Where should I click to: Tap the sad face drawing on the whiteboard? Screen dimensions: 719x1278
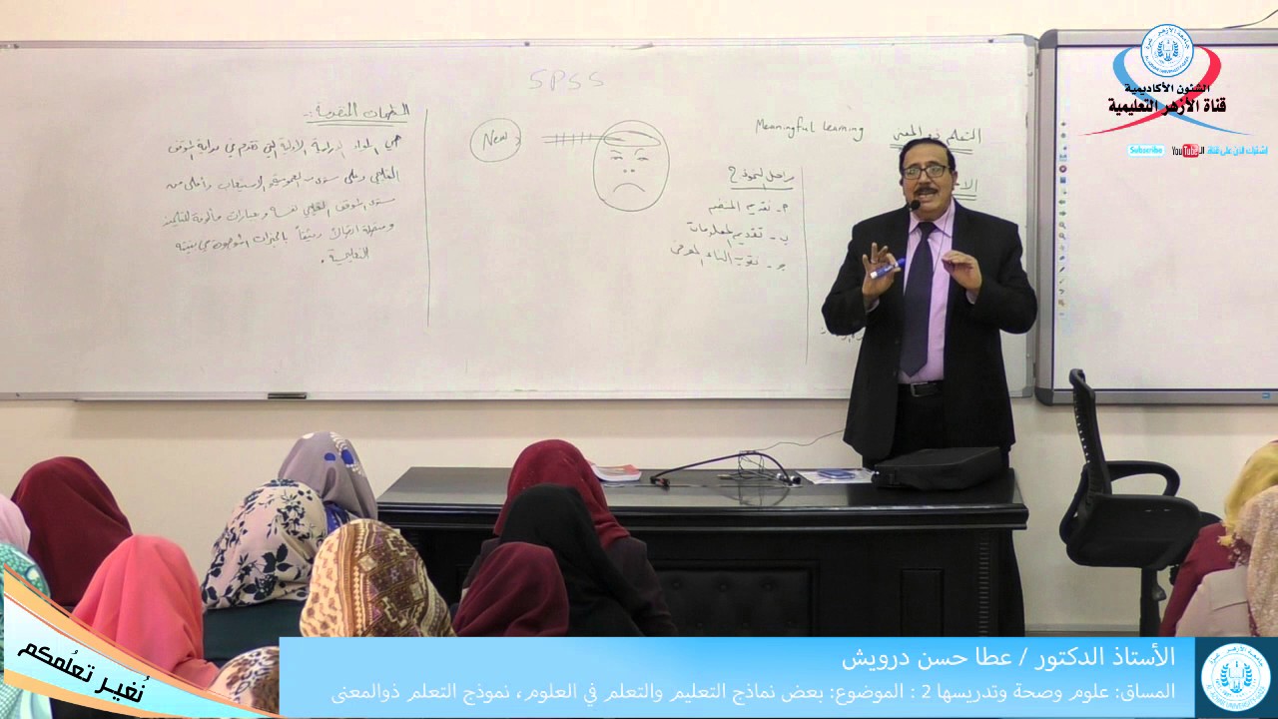pos(630,167)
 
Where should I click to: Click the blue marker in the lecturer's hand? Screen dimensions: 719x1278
pos(887,268)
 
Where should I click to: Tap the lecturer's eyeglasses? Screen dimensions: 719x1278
pos(925,172)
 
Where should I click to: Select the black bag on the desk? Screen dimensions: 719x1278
pos(938,466)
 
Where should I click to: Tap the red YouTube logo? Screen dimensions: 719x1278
pos(1187,151)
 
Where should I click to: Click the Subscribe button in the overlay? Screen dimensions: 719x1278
pos(1147,151)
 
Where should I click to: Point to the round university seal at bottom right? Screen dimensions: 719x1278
pos(1235,678)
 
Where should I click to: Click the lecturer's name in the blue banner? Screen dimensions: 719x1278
pos(1008,659)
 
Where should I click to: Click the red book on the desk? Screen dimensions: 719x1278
pos(615,471)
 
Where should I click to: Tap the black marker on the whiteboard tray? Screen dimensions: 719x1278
pos(287,395)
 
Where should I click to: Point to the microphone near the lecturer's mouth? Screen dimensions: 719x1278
pos(913,205)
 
